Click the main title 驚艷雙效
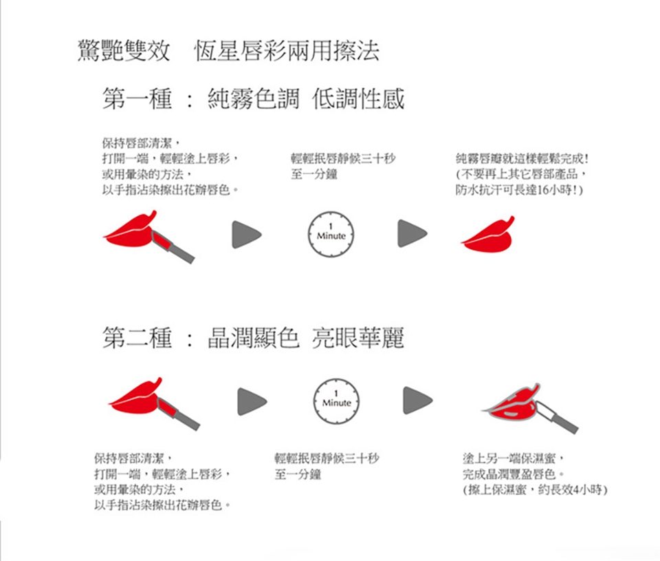point(124,51)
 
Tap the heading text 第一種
point(137,99)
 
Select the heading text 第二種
point(137,338)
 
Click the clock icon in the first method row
point(331,234)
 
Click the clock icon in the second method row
point(336,401)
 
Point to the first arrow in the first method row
point(246,234)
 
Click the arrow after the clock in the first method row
point(412,233)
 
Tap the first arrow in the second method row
point(252,402)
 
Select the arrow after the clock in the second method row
point(417,400)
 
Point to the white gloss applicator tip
point(545,410)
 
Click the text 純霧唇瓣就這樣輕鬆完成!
point(522,158)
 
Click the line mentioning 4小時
point(535,490)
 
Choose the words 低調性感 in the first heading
point(358,99)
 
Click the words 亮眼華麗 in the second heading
point(358,338)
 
